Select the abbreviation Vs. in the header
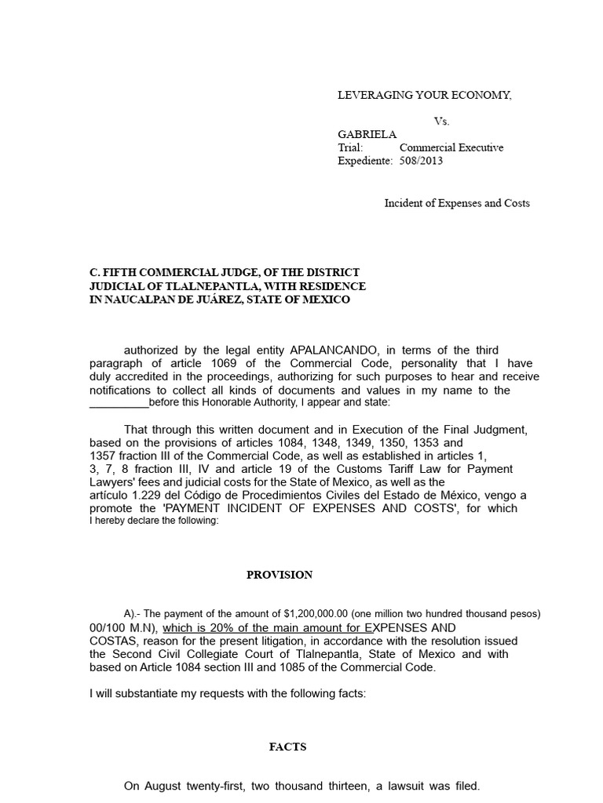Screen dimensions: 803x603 pos(442,122)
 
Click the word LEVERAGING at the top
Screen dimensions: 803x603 pos(373,96)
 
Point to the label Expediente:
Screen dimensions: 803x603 pos(364,161)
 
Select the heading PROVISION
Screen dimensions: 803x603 pos(280,575)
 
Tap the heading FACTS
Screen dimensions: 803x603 pos(287,747)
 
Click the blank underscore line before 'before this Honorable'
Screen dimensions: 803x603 pos(119,403)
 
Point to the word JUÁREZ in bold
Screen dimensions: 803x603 pos(250,300)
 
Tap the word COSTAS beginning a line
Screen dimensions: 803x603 pos(111,641)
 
